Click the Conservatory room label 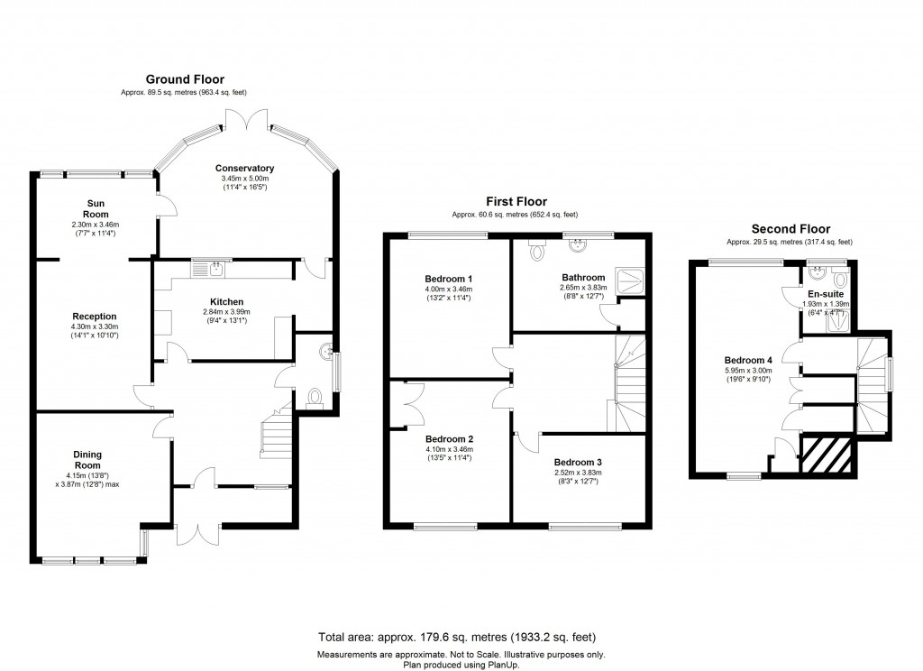point(244,168)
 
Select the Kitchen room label point(227,301)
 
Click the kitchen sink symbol point(216,267)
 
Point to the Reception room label point(95,317)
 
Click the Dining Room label point(95,460)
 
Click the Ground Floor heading point(185,79)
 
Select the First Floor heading point(516,201)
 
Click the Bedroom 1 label point(448,278)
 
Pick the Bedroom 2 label point(448,439)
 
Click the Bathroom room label point(584,278)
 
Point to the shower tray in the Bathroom point(630,279)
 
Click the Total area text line point(461,637)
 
